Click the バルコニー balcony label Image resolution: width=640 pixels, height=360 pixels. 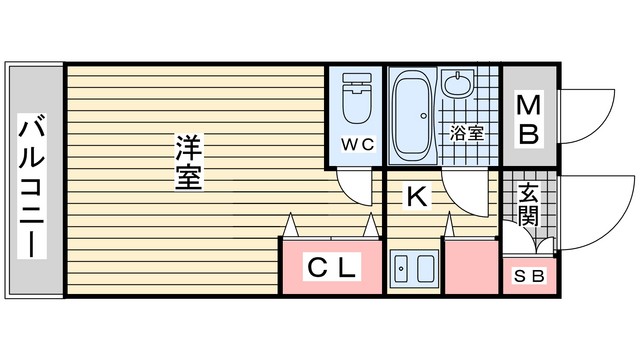[x=32, y=186]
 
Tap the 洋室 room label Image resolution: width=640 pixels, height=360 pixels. [x=189, y=162]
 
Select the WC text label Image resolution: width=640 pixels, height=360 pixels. [x=358, y=144]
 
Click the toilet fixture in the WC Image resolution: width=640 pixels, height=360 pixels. [x=357, y=98]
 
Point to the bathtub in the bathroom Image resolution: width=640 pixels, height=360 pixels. [x=412, y=116]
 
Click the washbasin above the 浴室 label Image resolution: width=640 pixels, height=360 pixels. [x=459, y=83]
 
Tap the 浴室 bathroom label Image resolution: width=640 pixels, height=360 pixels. [x=467, y=133]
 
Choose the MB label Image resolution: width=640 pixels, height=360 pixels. [x=529, y=119]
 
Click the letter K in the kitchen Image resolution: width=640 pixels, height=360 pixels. [x=416, y=196]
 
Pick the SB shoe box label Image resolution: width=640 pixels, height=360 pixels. [x=529, y=276]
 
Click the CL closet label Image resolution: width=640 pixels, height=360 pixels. [x=331, y=267]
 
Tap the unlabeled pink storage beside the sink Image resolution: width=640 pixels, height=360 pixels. [x=471, y=267]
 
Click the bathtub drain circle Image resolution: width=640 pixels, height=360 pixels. [x=424, y=116]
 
